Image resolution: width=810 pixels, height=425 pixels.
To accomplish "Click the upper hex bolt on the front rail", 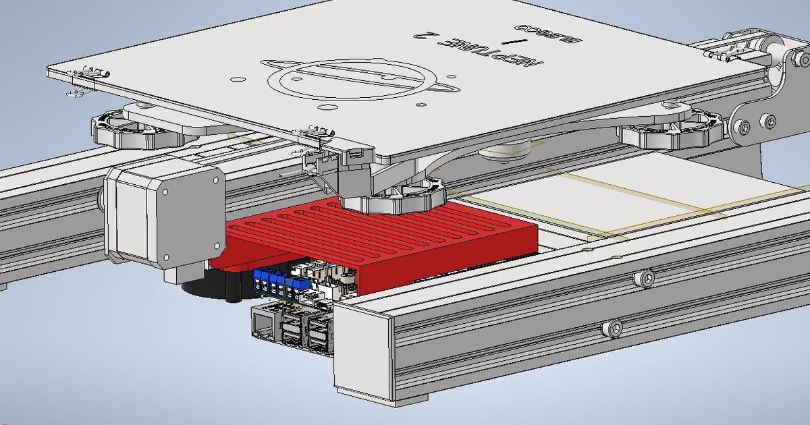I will pos(646,278).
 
